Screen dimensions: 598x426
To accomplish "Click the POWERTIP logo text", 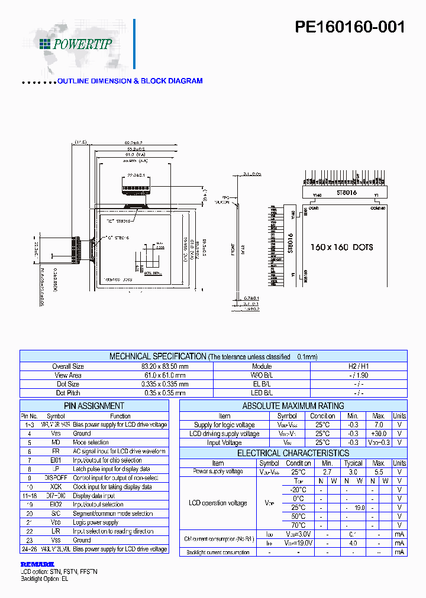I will point(82,44).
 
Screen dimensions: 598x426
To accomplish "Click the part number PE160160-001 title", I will point(350,27).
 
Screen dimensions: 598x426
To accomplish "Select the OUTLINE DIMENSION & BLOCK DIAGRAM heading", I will point(130,81).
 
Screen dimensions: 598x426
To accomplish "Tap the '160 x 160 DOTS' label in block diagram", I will point(341,247).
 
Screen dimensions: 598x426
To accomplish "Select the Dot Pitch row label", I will point(68,393).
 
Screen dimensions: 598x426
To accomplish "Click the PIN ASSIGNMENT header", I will point(94,406).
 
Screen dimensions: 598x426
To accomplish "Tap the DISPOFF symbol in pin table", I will point(56,478).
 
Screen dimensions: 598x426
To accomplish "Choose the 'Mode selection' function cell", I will point(91,443).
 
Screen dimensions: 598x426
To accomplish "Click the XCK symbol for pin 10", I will point(56,487).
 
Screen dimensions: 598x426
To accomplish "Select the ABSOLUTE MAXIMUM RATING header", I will point(293,406).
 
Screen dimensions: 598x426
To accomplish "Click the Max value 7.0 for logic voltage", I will point(379,425).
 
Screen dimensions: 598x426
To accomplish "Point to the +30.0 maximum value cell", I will point(379,434).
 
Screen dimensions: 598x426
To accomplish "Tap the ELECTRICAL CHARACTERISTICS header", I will point(293,453).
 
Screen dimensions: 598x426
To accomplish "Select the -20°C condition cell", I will point(298,490).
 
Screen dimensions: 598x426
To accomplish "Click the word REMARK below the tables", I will point(37,564).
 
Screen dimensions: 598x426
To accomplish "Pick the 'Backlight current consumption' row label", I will point(218,552).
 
